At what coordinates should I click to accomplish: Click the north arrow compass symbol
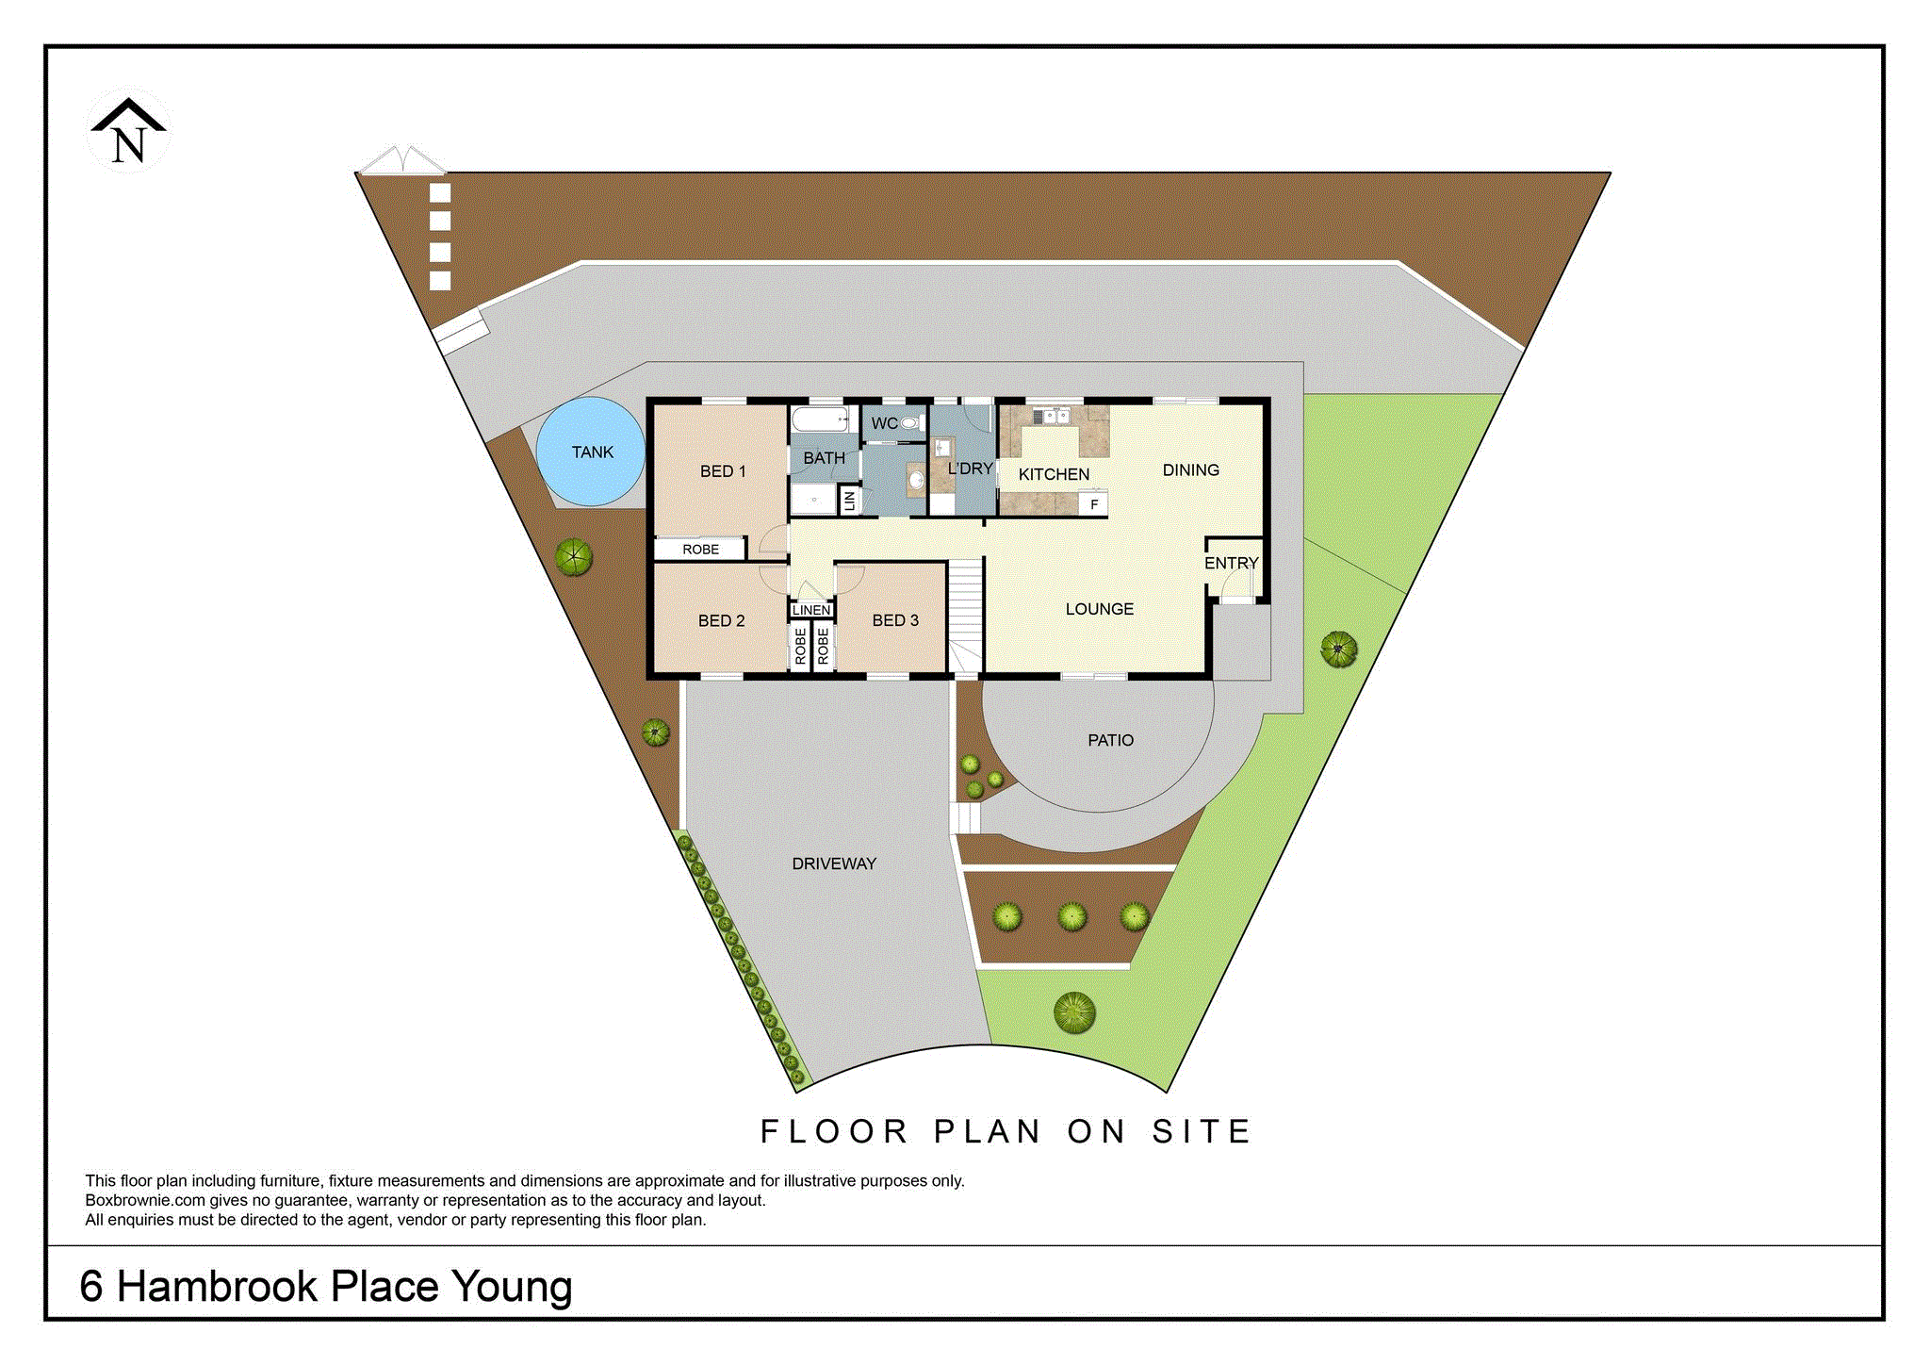129,131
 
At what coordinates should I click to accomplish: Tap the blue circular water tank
591,452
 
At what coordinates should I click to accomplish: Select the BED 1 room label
723,471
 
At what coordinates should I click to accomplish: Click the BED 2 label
722,620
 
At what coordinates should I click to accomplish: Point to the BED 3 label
895,620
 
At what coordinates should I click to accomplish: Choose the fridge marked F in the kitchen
1094,504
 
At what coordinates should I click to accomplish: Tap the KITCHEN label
1054,474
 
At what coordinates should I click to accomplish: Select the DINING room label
1191,469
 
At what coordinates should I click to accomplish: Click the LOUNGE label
1100,609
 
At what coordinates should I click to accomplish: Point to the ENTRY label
1232,563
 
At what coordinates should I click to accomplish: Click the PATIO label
1111,740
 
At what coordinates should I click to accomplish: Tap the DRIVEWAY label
834,863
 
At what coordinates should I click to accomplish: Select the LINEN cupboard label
811,610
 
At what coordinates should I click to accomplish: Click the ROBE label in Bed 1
701,549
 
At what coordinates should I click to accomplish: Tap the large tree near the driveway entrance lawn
1074,1012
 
